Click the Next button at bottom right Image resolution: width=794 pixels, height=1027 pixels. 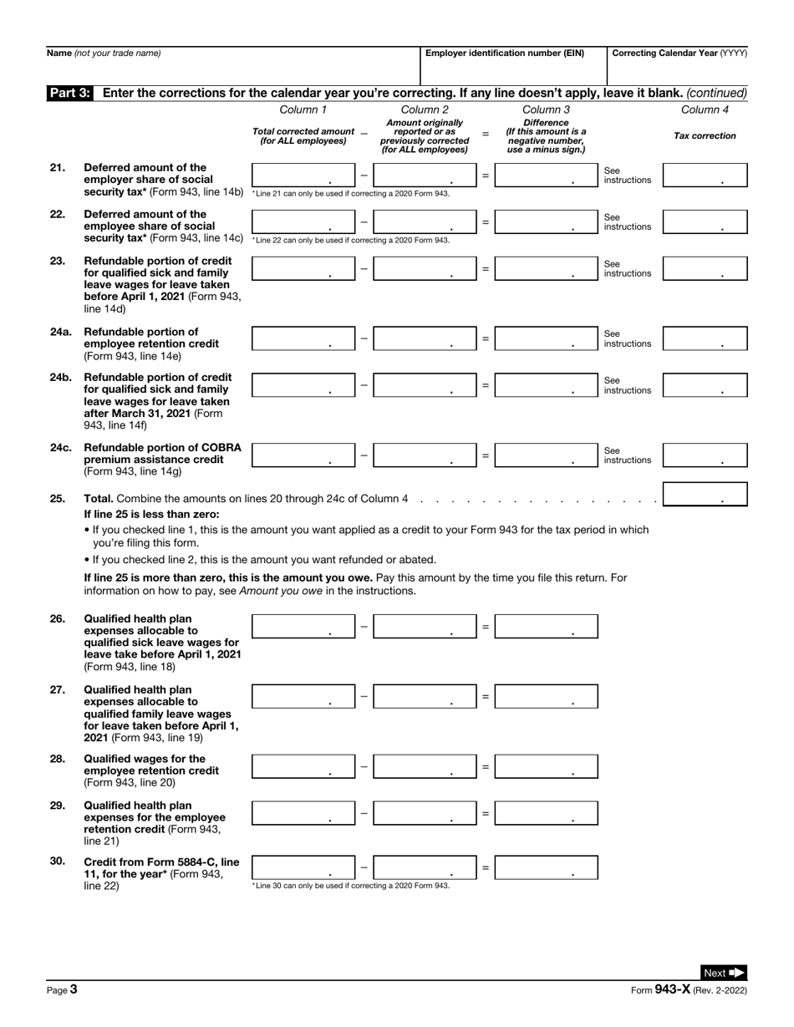point(722,973)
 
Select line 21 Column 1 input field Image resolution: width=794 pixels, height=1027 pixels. point(303,175)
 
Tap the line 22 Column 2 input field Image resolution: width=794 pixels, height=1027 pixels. point(425,222)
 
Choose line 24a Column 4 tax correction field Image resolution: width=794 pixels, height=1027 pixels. point(704,338)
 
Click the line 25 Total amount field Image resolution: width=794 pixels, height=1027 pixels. point(704,495)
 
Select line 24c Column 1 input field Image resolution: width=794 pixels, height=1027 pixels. point(303,455)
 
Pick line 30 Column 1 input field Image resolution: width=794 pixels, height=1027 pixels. point(303,867)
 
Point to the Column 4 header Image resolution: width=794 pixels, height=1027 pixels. point(705,109)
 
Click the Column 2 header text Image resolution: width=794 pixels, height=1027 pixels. point(425,109)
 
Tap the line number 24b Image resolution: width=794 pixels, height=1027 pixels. point(60,377)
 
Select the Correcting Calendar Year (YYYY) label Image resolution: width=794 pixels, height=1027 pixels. point(679,53)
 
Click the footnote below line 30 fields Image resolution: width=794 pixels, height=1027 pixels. point(351,885)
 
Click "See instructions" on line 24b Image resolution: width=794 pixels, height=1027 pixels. point(627,385)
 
